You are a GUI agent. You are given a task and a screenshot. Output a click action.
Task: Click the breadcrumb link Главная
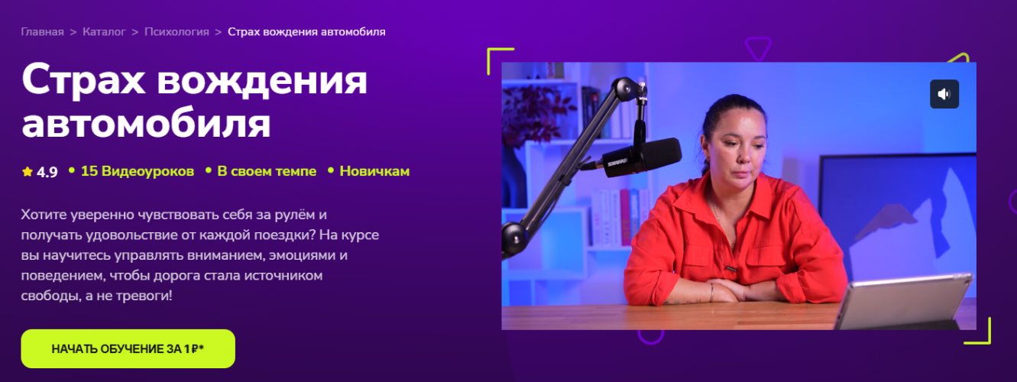[x=42, y=32]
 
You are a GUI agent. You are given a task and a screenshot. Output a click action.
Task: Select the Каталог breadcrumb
[x=104, y=32]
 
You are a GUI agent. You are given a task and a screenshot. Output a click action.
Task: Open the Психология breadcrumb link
[x=177, y=32]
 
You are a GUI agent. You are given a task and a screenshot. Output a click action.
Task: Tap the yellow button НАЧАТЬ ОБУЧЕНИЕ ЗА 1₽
[x=128, y=348]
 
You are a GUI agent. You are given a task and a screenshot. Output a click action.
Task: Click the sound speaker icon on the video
[x=944, y=94]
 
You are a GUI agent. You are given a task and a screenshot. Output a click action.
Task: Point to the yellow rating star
[x=28, y=171]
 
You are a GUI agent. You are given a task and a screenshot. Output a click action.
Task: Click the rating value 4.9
[x=47, y=172]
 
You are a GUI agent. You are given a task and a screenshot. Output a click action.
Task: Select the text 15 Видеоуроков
[x=137, y=171]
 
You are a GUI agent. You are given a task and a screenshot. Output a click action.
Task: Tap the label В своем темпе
[x=267, y=171]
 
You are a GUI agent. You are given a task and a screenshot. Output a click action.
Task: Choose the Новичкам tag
[x=374, y=171]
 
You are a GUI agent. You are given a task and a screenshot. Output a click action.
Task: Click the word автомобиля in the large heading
[x=146, y=124]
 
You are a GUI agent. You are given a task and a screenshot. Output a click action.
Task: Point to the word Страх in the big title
[x=83, y=80]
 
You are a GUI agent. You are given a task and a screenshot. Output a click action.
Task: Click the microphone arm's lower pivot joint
[x=514, y=236]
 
